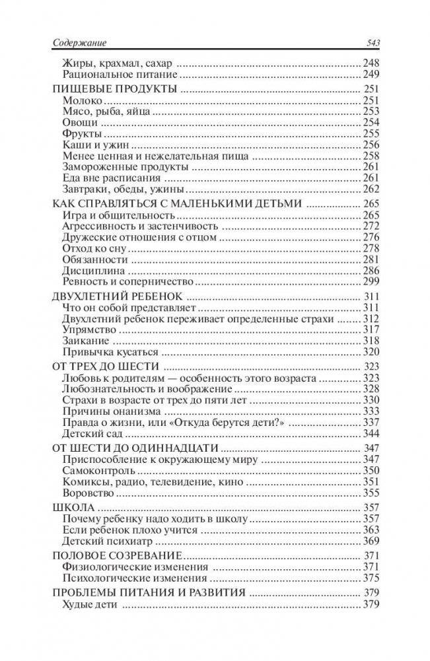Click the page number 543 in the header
coord(369,44)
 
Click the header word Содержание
coord(79,44)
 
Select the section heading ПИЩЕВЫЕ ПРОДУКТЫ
coord(114,89)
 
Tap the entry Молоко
coord(82,100)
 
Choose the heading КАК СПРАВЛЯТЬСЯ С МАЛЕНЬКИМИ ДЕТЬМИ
coord(176,204)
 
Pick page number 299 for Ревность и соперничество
coord(369,281)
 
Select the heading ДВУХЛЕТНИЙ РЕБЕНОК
coord(116,296)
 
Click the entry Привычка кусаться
coord(104,352)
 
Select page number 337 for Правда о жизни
coord(369,422)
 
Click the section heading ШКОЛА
coord(70,508)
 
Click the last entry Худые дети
coord(89,604)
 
